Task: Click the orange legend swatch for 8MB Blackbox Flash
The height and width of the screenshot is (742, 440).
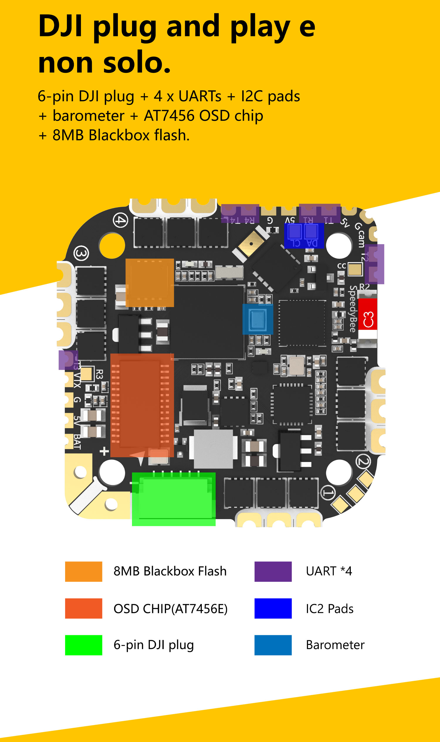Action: click(x=84, y=571)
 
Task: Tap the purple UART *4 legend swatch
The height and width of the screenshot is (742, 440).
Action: click(x=273, y=571)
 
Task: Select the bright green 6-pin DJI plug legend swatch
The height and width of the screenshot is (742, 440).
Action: click(x=84, y=645)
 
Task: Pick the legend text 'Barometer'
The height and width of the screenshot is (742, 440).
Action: click(x=335, y=645)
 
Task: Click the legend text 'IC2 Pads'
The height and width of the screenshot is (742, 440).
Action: click(x=329, y=609)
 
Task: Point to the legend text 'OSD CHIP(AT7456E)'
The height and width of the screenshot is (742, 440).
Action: click(x=170, y=609)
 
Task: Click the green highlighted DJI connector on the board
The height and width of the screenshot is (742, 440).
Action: click(x=173, y=499)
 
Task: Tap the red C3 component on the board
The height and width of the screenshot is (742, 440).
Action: click(x=368, y=314)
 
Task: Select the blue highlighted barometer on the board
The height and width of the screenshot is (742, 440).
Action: click(x=258, y=319)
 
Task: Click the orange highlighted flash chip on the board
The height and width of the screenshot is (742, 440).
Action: click(x=150, y=282)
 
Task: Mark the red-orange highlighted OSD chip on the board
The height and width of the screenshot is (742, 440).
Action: click(x=142, y=405)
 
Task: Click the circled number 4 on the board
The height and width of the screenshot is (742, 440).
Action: click(x=120, y=220)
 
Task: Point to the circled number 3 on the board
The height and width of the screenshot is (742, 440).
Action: click(x=81, y=253)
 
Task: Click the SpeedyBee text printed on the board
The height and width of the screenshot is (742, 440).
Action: click(x=353, y=309)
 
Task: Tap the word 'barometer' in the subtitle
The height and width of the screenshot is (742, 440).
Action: click(x=88, y=116)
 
